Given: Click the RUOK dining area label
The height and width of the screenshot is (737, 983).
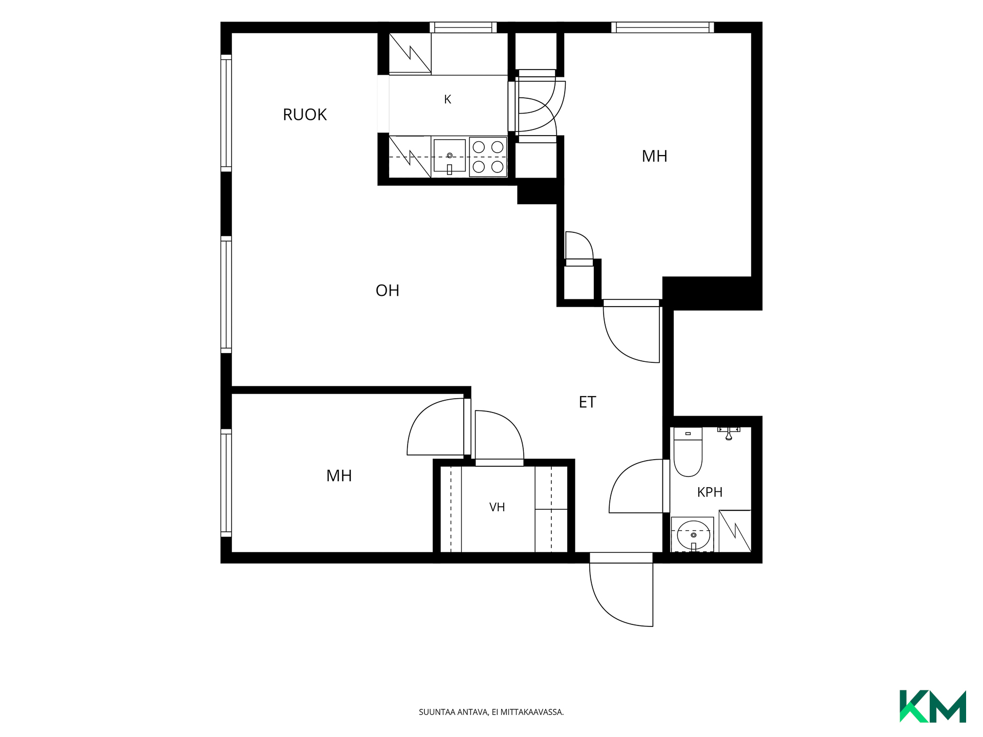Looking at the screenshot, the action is (x=305, y=115).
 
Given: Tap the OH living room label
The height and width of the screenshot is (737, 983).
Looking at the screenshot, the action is (x=388, y=291).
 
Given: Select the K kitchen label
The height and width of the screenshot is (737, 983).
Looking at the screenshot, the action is (x=447, y=99).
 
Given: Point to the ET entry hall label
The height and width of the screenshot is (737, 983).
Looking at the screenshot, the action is (x=587, y=402).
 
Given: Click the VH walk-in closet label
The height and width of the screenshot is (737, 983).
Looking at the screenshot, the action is (x=497, y=507).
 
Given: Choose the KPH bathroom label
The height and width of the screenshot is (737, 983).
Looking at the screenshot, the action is (x=710, y=492).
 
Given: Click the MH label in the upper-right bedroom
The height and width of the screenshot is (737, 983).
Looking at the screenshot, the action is (x=654, y=156).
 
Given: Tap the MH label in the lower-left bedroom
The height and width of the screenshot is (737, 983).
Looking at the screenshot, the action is (x=339, y=476).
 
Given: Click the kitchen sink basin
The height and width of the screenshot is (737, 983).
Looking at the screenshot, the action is (x=450, y=156).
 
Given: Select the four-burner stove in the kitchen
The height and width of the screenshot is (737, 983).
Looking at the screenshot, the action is (x=488, y=157).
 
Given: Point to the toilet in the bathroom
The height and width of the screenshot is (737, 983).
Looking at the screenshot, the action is (x=688, y=452).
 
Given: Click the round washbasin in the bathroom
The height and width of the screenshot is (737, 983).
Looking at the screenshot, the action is (x=693, y=535).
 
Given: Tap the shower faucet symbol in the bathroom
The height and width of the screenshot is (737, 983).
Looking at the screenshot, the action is (x=729, y=433).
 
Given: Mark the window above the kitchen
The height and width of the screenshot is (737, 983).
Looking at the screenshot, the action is (x=463, y=27).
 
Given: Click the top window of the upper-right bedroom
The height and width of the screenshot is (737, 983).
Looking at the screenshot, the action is (x=663, y=27).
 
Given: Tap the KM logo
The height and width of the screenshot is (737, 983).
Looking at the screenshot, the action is (x=933, y=706).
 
